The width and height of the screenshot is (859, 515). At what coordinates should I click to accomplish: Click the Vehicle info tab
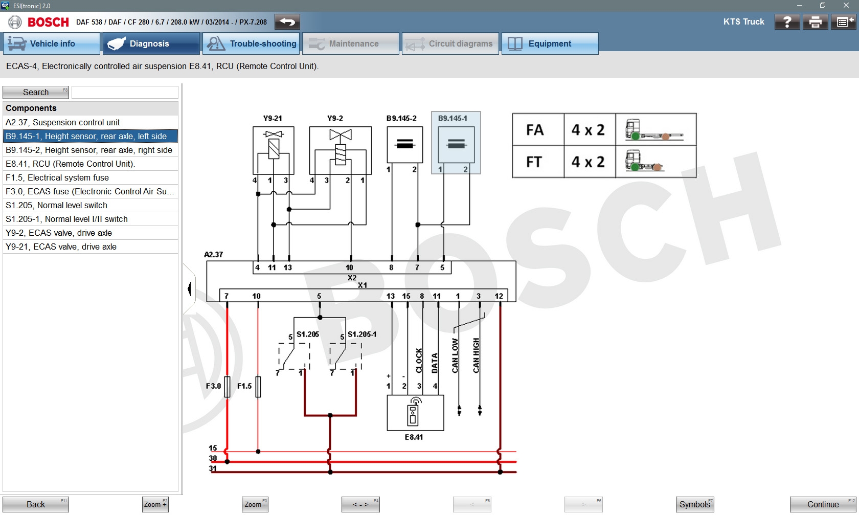click(51, 44)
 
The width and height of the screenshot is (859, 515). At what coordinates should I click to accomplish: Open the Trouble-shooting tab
click(252, 44)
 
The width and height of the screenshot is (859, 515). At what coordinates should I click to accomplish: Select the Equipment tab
click(550, 44)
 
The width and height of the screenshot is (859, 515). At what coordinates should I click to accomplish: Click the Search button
click(36, 92)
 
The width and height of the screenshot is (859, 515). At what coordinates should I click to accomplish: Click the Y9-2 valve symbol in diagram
click(341, 148)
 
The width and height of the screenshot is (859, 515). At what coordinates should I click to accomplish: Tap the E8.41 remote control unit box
click(415, 413)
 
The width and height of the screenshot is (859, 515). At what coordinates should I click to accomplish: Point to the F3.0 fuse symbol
click(227, 387)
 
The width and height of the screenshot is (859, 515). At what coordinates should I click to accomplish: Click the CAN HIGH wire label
click(476, 355)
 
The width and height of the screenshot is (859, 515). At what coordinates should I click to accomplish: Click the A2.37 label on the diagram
click(213, 254)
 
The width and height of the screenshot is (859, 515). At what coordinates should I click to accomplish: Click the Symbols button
click(695, 504)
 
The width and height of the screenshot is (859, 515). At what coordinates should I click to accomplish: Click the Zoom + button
click(155, 504)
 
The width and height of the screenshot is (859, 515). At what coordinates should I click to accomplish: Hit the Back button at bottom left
click(36, 504)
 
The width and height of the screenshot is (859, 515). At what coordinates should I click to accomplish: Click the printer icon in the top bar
click(815, 22)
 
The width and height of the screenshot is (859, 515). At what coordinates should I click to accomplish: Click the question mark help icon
click(787, 22)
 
